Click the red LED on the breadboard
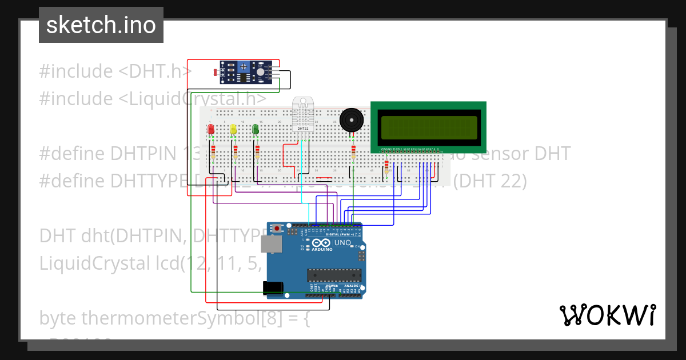coord(211,130)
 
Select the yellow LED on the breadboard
coord(233,130)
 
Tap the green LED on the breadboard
coord(256,130)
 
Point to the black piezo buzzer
coord(351,121)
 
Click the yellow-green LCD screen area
coord(428,127)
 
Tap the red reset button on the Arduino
coord(278,229)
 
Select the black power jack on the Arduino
coord(273,289)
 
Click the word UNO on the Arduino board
coord(342,243)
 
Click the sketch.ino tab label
coord(101,25)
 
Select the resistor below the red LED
coord(213,153)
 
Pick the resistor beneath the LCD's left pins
coord(387,166)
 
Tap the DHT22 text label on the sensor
coord(303,129)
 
